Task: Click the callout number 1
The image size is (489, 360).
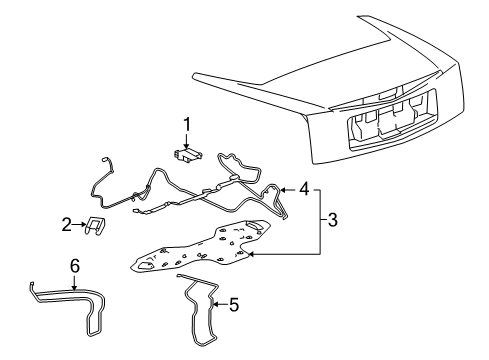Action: (x=185, y=124)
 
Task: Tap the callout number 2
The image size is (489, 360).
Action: (x=67, y=225)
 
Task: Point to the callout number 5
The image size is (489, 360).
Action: (x=234, y=305)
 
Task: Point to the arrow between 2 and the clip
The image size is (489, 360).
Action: (x=80, y=225)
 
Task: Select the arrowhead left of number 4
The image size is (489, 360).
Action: (x=285, y=187)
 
